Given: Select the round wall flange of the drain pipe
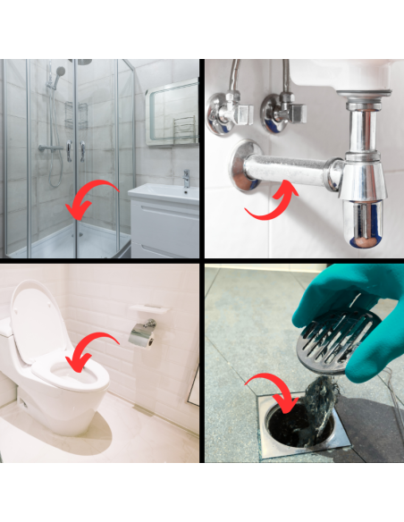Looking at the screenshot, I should click(x=243, y=166).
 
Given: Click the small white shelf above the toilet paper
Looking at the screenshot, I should click(x=147, y=309).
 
